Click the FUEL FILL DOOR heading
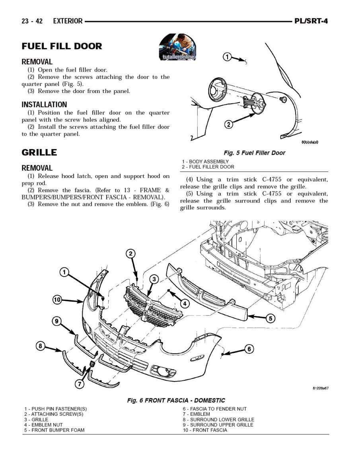click(62, 46)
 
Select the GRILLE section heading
click(39, 153)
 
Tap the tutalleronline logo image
click(177, 47)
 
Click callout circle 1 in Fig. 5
click(227, 57)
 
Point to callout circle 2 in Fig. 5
click(228, 124)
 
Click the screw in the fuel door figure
click(284, 99)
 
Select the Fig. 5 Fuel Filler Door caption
click(254, 153)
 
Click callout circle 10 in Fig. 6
click(57, 300)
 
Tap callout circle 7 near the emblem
click(79, 384)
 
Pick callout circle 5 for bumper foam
click(270, 318)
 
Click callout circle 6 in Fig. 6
click(249, 349)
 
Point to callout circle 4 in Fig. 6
click(185, 303)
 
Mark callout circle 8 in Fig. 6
click(40, 346)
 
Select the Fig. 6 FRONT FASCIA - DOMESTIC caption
click(176, 400)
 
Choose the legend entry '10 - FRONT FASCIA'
click(205, 430)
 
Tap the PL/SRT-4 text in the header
click(311, 21)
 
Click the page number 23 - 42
click(32, 21)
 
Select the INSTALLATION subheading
click(44, 105)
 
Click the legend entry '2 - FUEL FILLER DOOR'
click(208, 167)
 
